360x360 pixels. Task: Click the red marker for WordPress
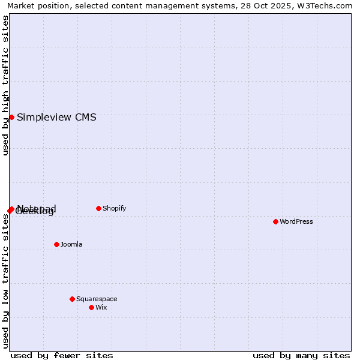coord(275,221)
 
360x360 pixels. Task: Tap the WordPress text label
coord(296,221)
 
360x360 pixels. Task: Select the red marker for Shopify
coord(98,208)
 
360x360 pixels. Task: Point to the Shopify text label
coord(114,208)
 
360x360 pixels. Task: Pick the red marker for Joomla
coord(56,244)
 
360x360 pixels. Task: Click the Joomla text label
coord(71,244)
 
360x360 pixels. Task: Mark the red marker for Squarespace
coord(72,299)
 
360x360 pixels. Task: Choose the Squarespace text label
coord(97,299)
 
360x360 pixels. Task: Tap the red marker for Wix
coord(91,307)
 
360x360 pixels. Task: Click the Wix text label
coord(101,307)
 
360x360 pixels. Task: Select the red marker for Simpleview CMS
coord(11,117)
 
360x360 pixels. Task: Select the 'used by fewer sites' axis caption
coord(62,355)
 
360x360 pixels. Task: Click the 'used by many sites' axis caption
coord(301,355)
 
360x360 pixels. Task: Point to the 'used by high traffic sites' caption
coord(5,85)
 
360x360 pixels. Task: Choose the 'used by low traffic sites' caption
coord(5,280)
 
